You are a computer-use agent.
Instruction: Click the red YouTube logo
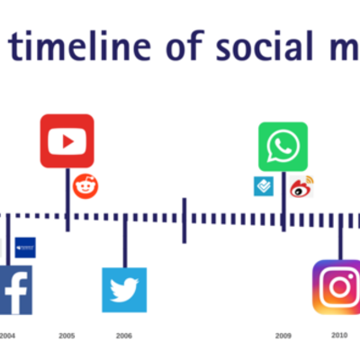[67, 140]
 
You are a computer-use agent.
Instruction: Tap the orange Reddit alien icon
[85, 186]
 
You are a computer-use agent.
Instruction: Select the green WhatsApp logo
[283, 147]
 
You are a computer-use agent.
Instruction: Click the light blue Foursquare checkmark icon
[263, 186]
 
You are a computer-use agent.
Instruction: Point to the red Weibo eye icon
[301, 187]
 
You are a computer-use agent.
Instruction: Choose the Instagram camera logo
[338, 287]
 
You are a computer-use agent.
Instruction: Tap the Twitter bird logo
[124, 290]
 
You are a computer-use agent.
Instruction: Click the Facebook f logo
[14, 290]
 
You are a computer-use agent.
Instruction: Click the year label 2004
[7, 336]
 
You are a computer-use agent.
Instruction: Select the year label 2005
[67, 336]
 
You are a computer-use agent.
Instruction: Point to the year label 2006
[124, 336]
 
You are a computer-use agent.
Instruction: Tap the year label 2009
[283, 336]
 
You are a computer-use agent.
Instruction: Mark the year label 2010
[339, 335]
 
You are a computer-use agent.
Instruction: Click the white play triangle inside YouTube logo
[67, 140]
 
